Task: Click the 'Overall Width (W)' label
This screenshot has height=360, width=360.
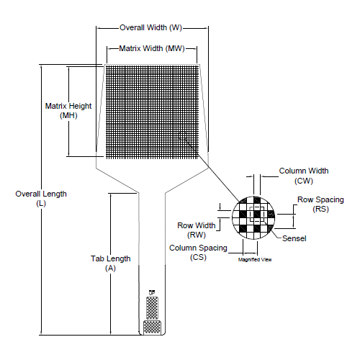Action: tap(150, 27)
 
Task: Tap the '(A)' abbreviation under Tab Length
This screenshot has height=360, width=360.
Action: tap(110, 268)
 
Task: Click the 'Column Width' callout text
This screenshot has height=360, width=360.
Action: tap(303, 171)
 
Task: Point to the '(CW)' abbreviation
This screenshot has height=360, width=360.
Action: tap(302, 181)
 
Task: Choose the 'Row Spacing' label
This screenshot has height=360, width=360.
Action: tap(320, 199)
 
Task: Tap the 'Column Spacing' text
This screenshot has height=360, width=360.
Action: tap(198, 248)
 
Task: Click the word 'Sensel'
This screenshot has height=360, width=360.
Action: tap(295, 238)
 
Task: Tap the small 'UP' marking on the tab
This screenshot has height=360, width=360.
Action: tap(151, 292)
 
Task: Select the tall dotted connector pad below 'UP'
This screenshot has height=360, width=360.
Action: tap(151, 307)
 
